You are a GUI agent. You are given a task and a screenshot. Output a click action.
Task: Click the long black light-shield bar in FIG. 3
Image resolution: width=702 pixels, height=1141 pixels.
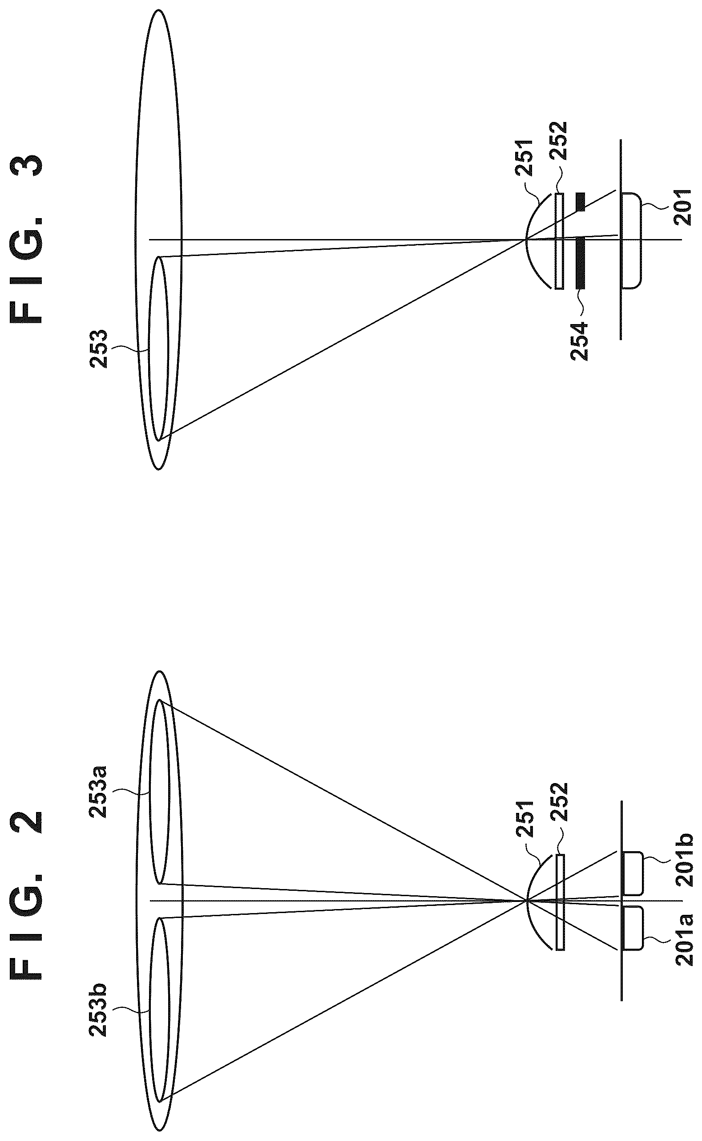pos(581,264)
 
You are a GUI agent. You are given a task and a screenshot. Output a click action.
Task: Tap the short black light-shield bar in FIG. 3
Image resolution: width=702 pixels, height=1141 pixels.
pos(581,202)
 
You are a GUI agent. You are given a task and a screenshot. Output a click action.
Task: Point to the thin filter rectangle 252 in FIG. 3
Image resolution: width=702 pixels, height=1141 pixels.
pos(560,241)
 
